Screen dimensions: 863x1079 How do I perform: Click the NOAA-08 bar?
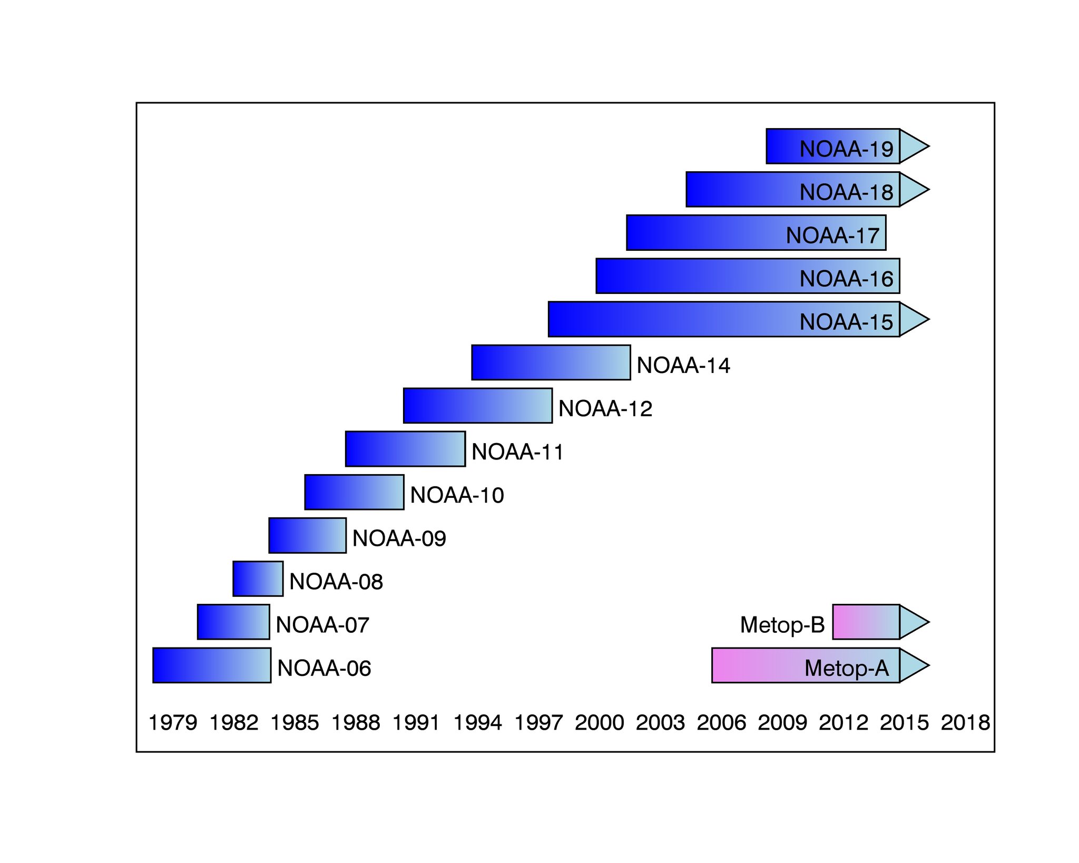coord(258,578)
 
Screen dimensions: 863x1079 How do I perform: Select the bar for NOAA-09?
coord(307,535)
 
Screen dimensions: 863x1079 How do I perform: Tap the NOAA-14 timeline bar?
coord(551,362)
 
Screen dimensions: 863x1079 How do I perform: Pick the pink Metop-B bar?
coord(866,622)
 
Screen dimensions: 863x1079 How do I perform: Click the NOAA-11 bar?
coord(405,449)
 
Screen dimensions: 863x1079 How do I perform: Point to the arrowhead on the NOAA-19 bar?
coord(913,146)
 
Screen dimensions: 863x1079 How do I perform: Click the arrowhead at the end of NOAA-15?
coord(913,319)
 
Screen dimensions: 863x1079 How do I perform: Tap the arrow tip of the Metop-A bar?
coord(913,665)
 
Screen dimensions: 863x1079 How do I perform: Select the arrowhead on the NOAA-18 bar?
coord(913,189)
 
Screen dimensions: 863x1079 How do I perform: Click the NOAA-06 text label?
coord(324,668)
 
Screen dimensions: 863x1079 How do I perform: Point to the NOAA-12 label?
coord(605,409)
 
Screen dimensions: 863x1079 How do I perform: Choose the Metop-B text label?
coord(782,625)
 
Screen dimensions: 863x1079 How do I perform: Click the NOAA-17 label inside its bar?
coord(832,236)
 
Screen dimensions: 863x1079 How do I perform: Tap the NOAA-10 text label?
coord(457,495)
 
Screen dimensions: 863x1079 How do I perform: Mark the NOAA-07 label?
coord(322,625)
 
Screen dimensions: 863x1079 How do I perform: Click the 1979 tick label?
coord(173,722)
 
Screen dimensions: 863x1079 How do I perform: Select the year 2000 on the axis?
coord(600,722)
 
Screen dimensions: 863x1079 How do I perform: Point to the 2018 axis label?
coord(965,722)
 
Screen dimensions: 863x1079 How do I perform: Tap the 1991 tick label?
coord(416,722)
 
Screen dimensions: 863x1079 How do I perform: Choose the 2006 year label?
coord(721,722)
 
